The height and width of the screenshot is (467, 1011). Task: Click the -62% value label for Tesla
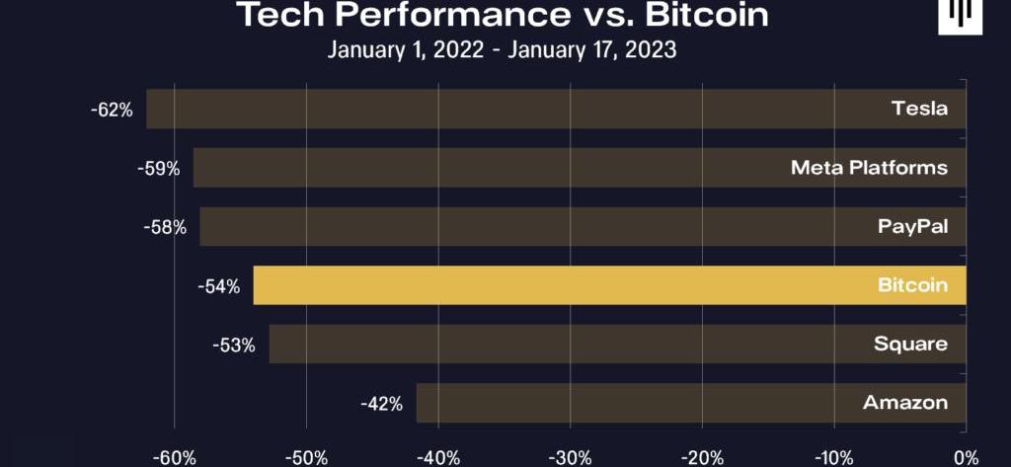click(111, 110)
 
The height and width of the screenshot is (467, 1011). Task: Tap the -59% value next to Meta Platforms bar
click(158, 169)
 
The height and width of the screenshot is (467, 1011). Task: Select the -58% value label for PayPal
click(164, 227)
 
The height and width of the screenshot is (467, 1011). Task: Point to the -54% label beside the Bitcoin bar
click(218, 286)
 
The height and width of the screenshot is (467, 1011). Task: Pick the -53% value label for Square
click(233, 345)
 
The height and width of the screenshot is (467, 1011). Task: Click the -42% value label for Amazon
click(381, 403)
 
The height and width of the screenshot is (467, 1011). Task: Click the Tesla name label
click(919, 109)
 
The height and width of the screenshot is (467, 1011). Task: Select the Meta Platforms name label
click(869, 168)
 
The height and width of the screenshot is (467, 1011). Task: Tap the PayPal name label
click(912, 227)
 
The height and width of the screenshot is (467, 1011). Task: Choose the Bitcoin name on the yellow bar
click(912, 286)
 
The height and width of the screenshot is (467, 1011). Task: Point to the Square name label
click(910, 345)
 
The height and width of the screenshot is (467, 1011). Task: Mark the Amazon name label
click(905, 403)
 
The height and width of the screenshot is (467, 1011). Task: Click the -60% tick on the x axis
click(175, 457)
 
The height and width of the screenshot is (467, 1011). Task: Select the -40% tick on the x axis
click(438, 457)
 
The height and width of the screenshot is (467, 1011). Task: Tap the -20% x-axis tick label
click(702, 457)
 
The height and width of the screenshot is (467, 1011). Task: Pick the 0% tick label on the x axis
click(967, 457)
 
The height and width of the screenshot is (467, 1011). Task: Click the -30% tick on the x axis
click(570, 457)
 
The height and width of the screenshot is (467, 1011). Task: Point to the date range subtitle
click(502, 50)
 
